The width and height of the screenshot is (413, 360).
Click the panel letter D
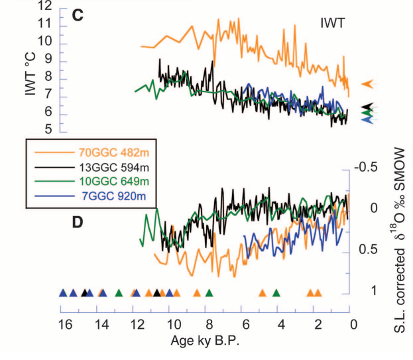point(77,223)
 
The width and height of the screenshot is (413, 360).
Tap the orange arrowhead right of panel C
point(368,84)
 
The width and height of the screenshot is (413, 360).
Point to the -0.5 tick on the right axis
point(364,166)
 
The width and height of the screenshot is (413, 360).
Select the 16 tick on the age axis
point(65,324)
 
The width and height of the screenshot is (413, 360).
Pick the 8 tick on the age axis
point(208,324)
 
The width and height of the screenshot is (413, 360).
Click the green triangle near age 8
point(209,292)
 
